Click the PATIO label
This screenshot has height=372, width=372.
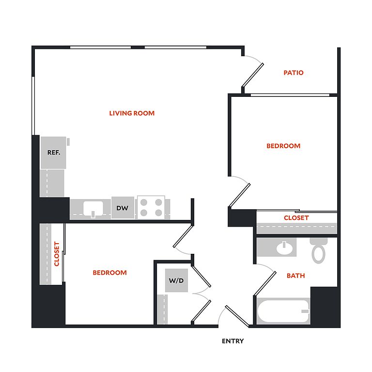tap(294, 73)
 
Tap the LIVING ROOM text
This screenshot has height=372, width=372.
tap(132, 113)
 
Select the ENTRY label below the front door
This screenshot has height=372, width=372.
tap(232, 341)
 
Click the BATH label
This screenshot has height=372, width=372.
tap(295, 276)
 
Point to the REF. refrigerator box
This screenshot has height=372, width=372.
tap(53, 153)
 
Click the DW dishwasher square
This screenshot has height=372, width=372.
tap(123, 208)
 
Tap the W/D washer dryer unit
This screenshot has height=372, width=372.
tap(176, 280)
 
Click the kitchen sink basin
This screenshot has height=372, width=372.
tap(93, 208)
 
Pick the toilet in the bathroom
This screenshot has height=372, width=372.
tap(318, 251)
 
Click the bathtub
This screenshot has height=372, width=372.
tap(283, 311)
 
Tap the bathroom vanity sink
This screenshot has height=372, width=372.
tap(284, 248)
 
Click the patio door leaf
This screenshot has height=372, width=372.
tap(252, 75)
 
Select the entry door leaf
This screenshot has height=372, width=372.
tap(237, 316)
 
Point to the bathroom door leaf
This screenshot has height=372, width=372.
tap(265, 284)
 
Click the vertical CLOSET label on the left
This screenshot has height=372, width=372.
tap(57, 254)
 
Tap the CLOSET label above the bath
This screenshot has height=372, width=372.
tap(296, 218)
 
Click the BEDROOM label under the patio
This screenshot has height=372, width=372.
tap(283, 146)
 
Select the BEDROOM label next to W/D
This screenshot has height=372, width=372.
tap(109, 273)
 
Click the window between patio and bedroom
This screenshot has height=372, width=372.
tap(290, 95)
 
